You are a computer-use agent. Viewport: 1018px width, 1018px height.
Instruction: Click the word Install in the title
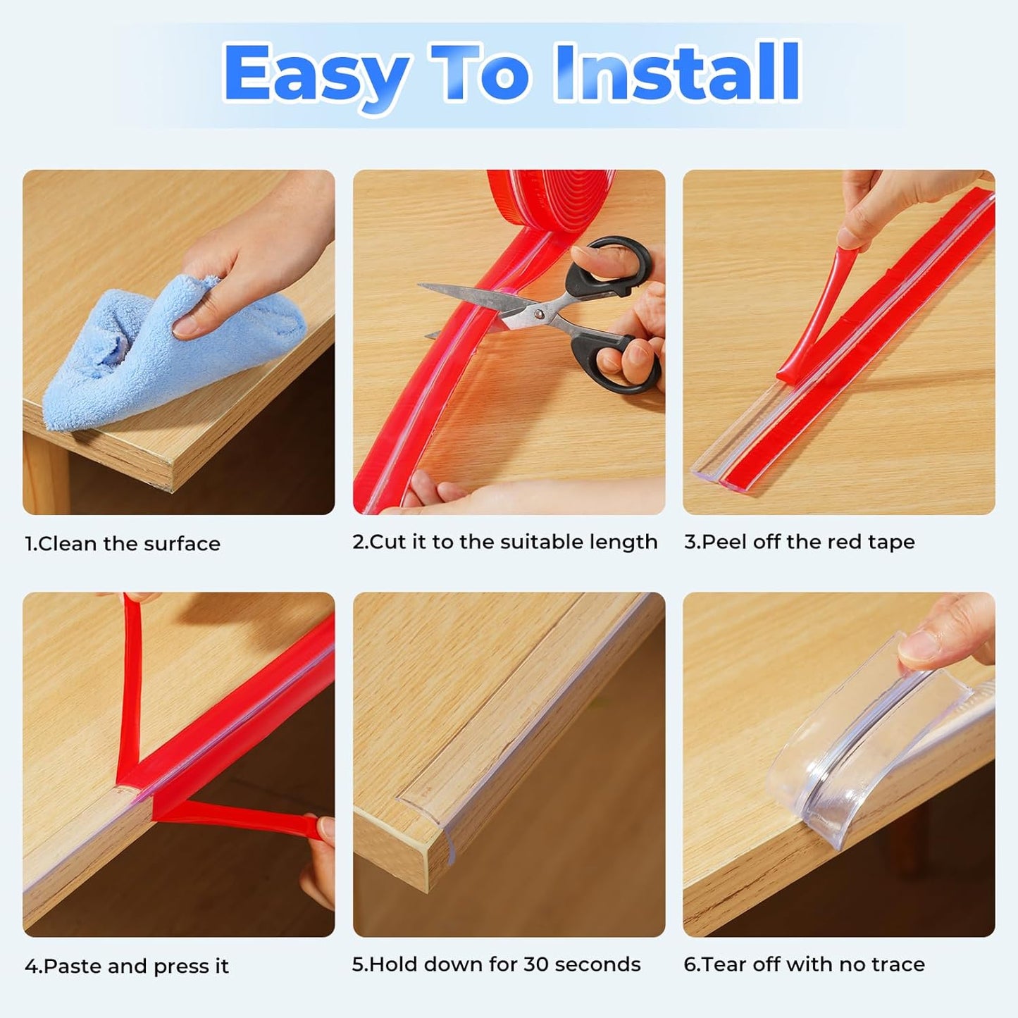tap(677, 73)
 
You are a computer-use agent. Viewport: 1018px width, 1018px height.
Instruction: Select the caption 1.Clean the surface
tap(123, 544)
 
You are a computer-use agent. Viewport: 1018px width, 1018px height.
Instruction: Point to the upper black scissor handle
tap(613, 264)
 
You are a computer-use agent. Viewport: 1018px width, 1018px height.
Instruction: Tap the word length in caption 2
tap(623, 542)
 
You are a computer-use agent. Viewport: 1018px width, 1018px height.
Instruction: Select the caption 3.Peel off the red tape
tap(800, 542)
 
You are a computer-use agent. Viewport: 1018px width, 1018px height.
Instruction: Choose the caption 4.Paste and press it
tap(127, 966)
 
